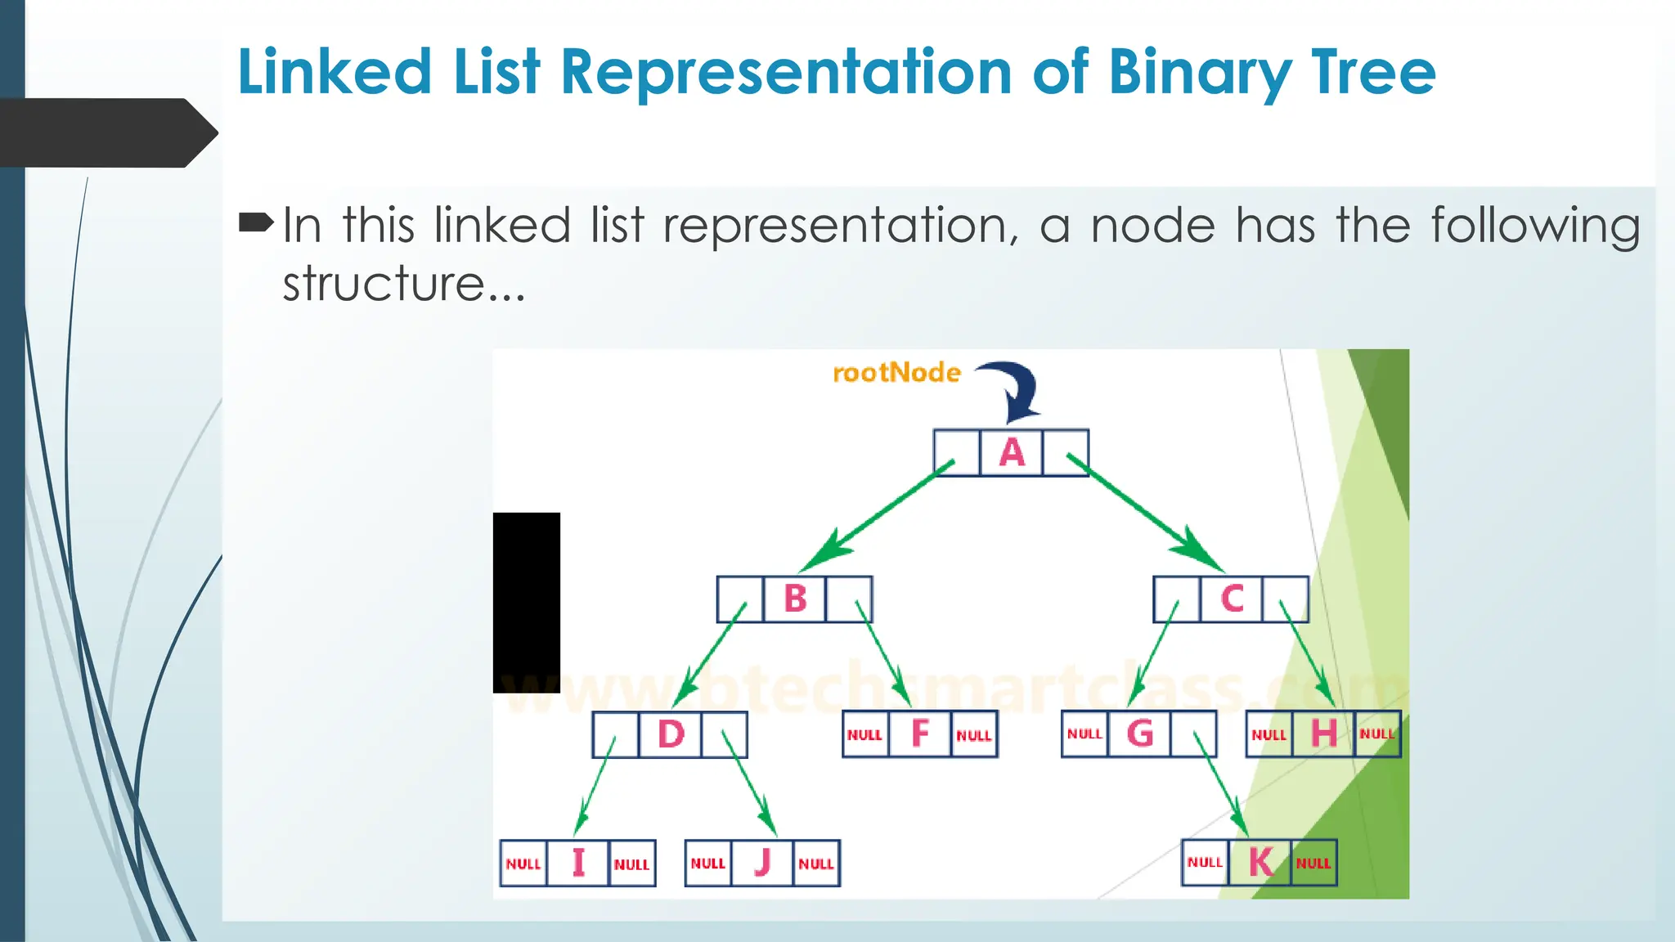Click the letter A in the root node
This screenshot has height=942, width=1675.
[1012, 452]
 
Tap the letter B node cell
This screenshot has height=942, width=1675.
[795, 599]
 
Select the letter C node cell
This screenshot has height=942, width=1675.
[1232, 599]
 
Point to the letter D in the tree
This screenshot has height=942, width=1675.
[671, 734]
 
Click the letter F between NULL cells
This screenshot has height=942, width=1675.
[920, 733]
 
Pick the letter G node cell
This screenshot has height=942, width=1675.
[1139, 733]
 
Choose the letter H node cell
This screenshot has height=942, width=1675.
[1323, 733]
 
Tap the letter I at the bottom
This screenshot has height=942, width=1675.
[578, 863]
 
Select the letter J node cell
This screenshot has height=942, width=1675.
[762, 863]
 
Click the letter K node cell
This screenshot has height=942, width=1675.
[1260, 863]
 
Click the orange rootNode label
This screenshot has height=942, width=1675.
[896, 373]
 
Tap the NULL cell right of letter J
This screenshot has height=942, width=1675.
[816, 863]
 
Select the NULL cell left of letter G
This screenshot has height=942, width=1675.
[1084, 734]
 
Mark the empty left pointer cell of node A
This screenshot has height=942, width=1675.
[956, 452]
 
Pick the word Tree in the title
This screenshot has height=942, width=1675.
[1373, 72]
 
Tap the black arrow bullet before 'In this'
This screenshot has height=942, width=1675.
[256, 222]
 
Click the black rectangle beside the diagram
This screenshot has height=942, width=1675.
[527, 603]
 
